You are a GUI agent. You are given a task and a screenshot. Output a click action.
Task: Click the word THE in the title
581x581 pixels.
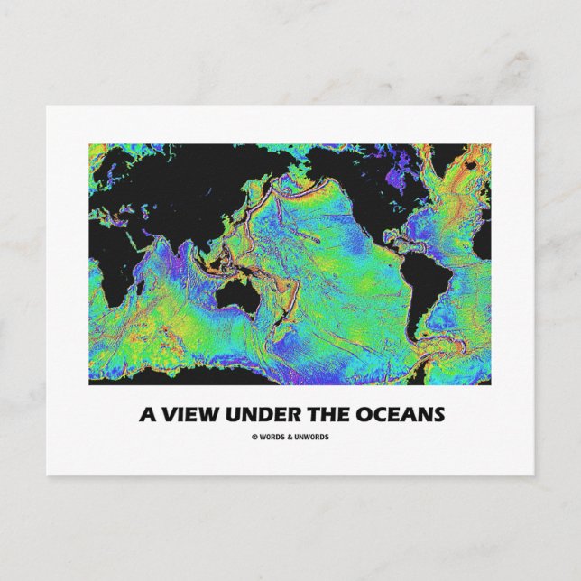[x=323, y=415]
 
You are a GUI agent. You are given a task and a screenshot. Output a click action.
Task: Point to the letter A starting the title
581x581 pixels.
[x=144, y=415]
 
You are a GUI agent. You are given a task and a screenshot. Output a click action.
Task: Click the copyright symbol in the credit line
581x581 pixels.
[x=254, y=438]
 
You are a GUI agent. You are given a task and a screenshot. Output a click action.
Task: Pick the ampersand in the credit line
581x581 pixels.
[x=288, y=438]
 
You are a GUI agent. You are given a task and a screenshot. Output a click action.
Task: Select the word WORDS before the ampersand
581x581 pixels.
[x=272, y=438]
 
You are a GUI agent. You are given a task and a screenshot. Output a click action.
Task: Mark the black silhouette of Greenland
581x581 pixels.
[x=469, y=162]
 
